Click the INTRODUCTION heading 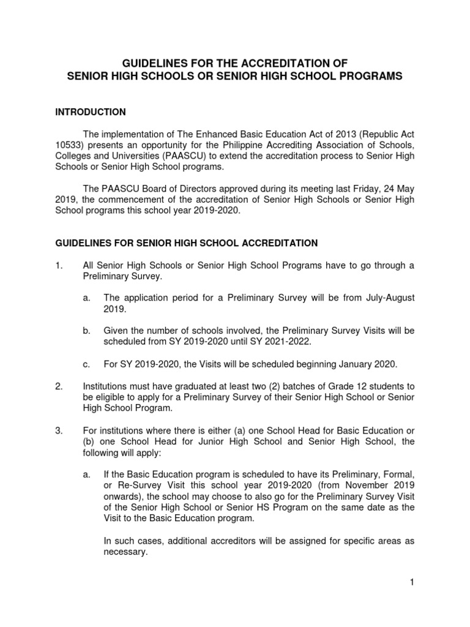point(91,112)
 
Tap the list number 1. point(59,265)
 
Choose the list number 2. point(59,386)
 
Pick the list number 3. point(59,430)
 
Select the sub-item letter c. point(87,364)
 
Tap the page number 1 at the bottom point(412,582)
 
